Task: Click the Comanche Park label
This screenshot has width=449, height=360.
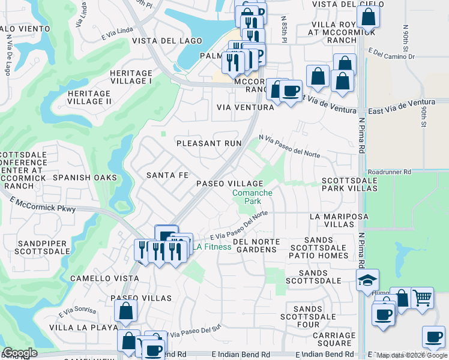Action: coord(252,197)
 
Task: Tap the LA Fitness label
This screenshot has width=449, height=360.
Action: coord(212,247)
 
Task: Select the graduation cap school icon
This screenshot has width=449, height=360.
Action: coord(367,280)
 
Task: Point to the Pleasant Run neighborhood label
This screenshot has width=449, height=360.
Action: coord(208,143)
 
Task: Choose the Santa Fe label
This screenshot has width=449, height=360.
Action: coord(167,175)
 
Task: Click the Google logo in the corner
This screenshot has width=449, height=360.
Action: coord(19,353)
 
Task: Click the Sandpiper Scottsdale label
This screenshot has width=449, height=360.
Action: coord(44,247)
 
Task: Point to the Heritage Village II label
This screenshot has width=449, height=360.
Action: coord(89,98)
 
